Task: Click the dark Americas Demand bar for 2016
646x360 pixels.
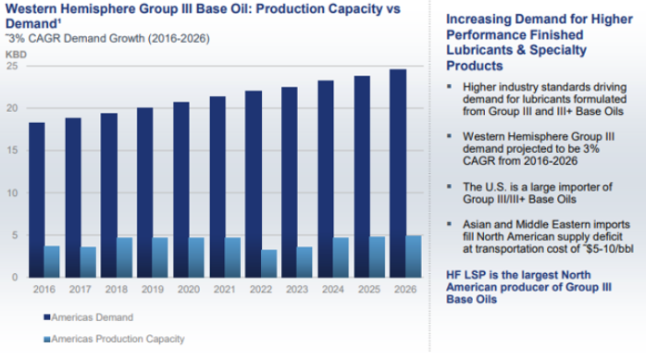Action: click(37, 200)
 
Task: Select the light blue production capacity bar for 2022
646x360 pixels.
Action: click(269, 264)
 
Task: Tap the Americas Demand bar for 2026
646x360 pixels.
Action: click(398, 173)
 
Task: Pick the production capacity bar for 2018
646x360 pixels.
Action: click(124, 257)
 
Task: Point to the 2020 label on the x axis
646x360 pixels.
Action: click(189, 290)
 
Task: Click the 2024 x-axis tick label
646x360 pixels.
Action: click(333, 290)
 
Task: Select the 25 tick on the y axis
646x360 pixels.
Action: click(12, 66)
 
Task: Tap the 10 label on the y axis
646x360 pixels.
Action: click(12, 192)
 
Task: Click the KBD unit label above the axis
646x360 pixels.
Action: click(16, 55)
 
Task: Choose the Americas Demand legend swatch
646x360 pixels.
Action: click(47, 317)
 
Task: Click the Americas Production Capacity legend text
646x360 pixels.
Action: click(118, 339)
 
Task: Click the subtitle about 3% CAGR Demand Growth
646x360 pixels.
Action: click(107, 39)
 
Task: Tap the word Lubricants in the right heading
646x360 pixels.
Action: click(479, 50)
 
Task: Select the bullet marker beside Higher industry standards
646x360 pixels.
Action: click(450, 86)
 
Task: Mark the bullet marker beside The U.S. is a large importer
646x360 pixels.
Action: click(450, 187)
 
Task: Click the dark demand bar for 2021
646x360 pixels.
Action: click(217, 187)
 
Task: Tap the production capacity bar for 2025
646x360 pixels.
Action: click(377, 257)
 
